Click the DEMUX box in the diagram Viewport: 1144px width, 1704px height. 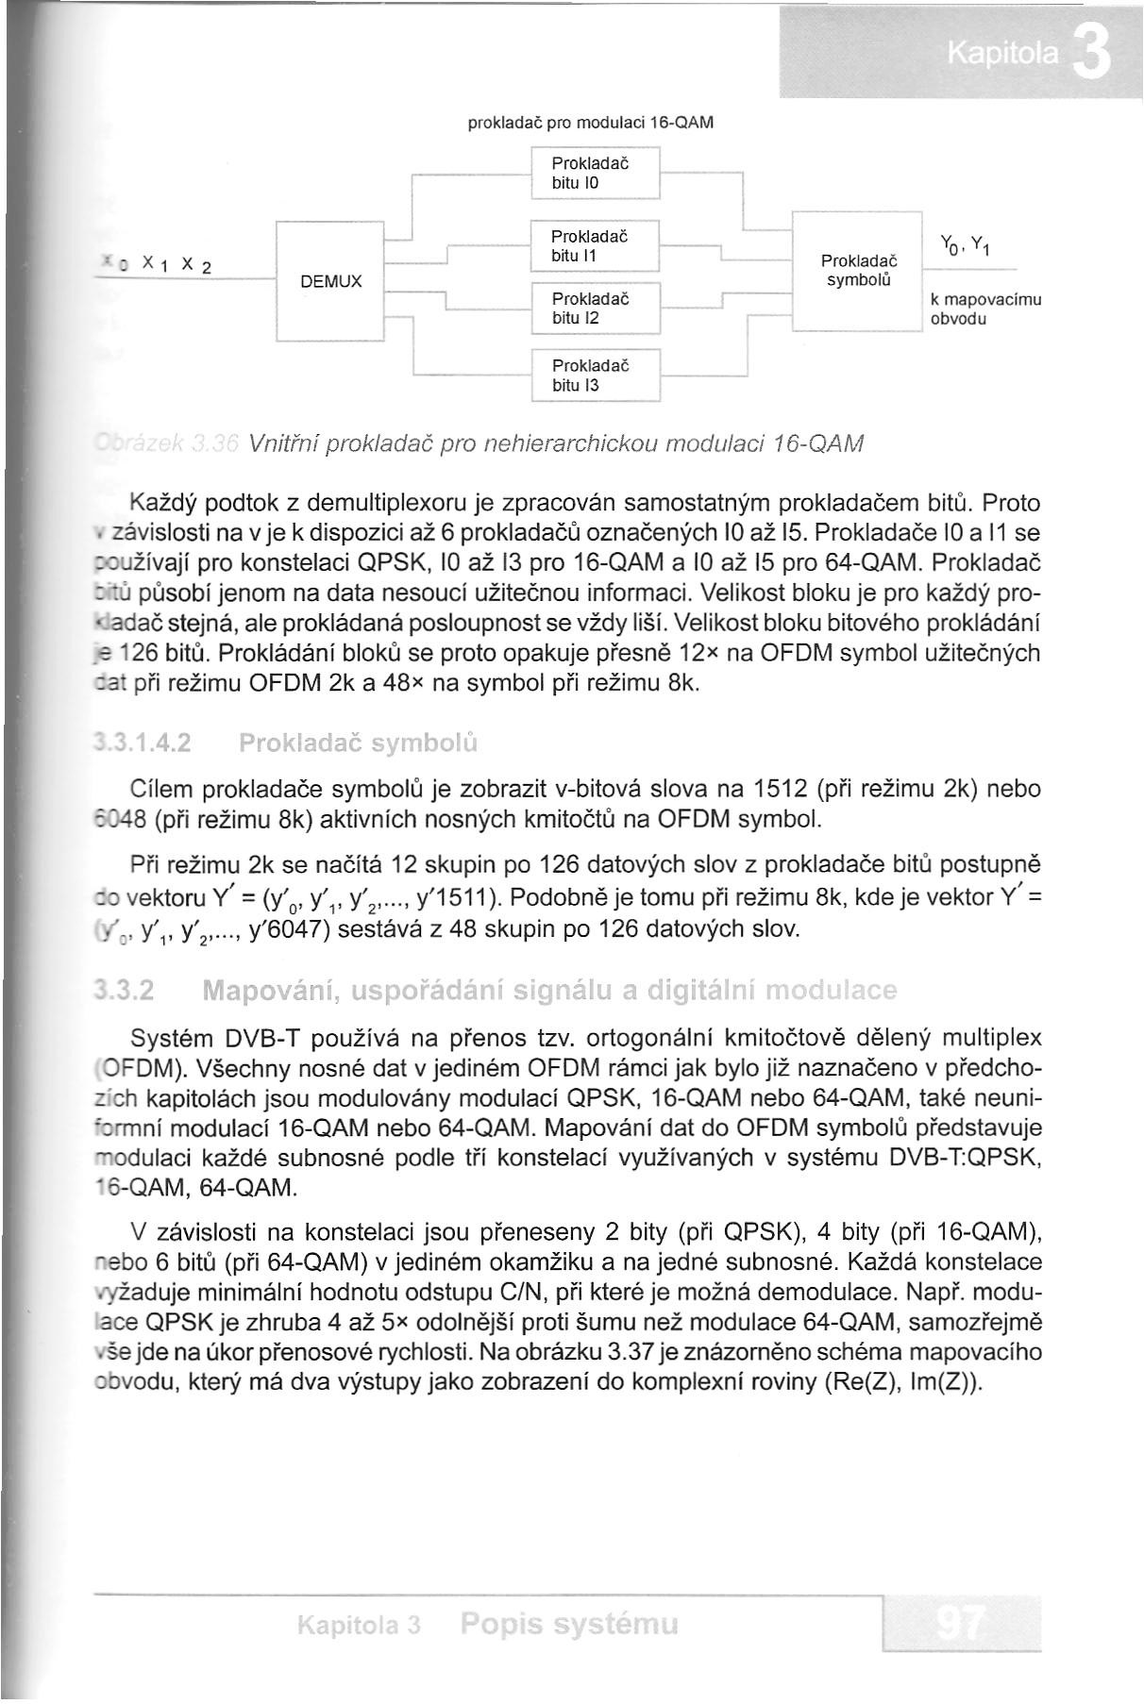pyautogui.click(x=330, y=281)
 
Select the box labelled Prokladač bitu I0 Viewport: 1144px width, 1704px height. pyautogui.click(x=594, y=173)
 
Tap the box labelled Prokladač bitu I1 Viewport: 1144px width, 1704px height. pyautogui.click(x=594, y=245)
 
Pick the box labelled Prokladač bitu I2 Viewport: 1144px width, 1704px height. pyautogui.click(x=594, y=309)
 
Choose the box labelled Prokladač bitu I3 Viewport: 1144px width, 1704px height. pyautogui.click(x=594, y=375)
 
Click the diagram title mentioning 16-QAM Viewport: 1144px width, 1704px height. pyautogui.click(x=591, y=123)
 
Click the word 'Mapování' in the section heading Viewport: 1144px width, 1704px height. pyautogui.click(x=269, y=992)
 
